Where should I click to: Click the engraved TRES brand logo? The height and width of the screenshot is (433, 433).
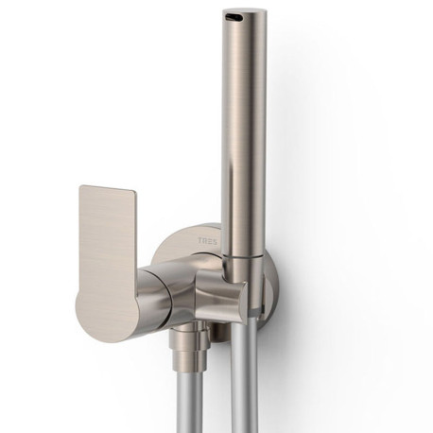coord(207,240)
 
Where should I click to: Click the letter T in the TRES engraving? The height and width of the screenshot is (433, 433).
coord(200,240)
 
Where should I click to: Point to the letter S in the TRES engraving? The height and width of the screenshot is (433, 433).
coord(215,240)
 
